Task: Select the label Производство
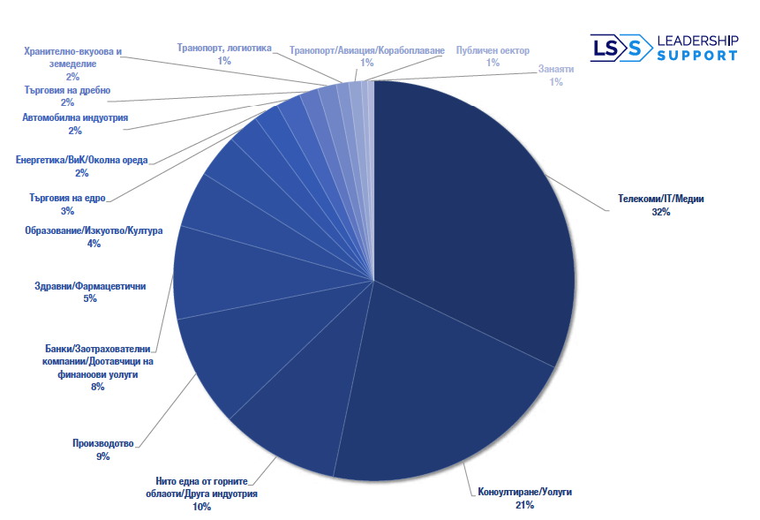click(x=103, y=443)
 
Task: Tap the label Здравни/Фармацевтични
click(x=89, y=286)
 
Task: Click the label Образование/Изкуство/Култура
click(x=94, y=231)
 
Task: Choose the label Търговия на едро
click(x=68, y=199)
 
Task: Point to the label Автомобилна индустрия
click(x=75, y=117)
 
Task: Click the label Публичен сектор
click(x=492, y=50)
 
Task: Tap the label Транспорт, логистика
click(x=224, y=49)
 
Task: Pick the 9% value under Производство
click(x=102, y=456)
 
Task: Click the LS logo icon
click(x=615, y=49)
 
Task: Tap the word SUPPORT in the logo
click(x=696, y=56)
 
